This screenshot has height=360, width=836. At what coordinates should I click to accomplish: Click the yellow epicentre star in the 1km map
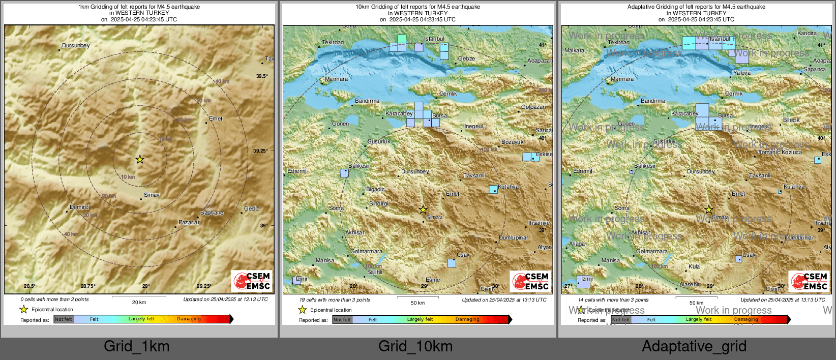click(140, 160)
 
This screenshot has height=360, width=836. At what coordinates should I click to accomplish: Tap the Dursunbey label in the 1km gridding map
click(76, 45)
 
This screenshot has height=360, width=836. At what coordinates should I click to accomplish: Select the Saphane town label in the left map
click(212, 213)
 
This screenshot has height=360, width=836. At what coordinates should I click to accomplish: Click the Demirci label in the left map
click(80, 207)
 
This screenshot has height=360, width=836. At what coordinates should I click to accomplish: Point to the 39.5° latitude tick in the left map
click(261, 76)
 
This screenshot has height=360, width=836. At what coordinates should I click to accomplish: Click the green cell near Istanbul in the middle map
click(402, 39)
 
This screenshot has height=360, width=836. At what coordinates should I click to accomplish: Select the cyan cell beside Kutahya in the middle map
click(493, 190)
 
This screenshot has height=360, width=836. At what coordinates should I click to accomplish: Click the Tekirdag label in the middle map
click(333, 42)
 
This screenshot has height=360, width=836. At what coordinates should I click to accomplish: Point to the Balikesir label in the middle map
click(360, 166)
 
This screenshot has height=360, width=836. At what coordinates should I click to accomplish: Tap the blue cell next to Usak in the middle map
click(452, 263)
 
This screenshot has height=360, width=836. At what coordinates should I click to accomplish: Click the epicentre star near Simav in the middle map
click(423, 209)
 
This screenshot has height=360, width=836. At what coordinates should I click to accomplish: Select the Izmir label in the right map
click(587, 279)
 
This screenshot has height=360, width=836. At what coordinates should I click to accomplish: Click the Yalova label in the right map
click(742, 73)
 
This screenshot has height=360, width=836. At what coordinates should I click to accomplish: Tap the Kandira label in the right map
click(807, 33)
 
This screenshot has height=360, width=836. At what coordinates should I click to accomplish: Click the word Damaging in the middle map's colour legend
click(467, 319)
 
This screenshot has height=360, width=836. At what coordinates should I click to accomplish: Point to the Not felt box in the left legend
click(64, 319)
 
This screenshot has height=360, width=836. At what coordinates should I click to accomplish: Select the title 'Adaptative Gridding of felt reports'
click(696, 7)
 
